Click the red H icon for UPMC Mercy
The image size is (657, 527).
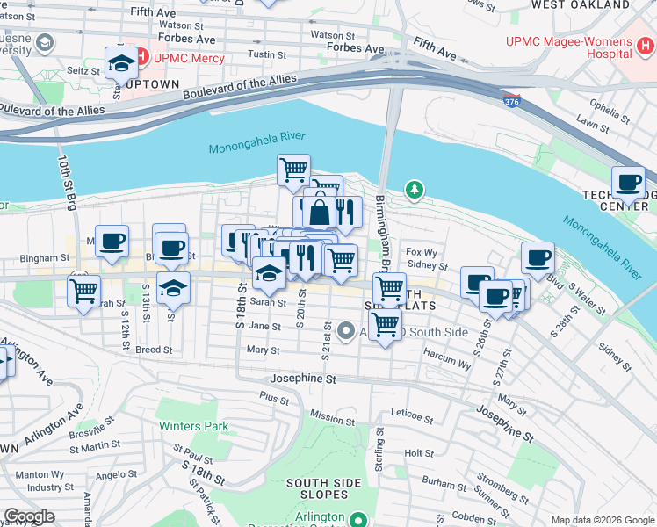coord(141,58)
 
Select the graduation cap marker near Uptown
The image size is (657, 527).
coord(120,62)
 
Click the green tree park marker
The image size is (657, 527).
coord(414,189)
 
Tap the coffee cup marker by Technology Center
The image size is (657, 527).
coord(627,183)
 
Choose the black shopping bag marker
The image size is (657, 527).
coord(319,211)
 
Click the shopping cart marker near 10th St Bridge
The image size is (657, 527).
coord(83,290)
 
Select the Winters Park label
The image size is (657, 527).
coord(193,427)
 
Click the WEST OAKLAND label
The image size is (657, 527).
coord(581,5)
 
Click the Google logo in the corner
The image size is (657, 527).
coord(29,516)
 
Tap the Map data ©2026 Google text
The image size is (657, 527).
coord(602,520)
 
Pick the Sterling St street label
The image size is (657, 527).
coord(379,448)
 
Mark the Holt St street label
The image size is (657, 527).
coord(419,453)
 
